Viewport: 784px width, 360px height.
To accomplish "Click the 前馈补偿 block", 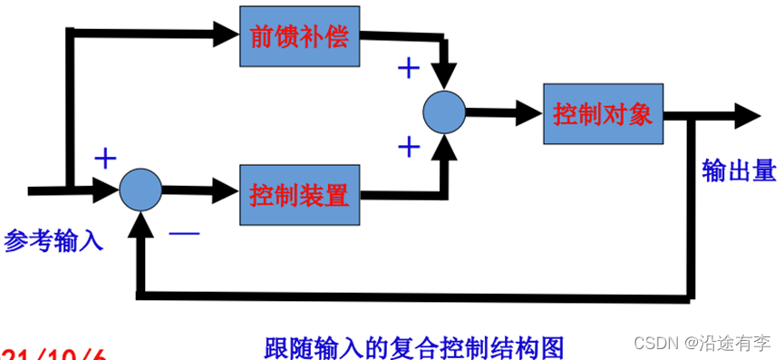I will pos(299,37).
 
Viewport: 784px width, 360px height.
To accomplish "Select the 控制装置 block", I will pos(299,194).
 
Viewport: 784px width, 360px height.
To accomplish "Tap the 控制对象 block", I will pos(603,113).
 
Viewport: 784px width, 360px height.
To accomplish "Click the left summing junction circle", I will pos(140,190).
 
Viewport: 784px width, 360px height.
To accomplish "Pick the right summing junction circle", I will pos(444,112).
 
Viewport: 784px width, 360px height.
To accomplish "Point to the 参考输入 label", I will pos(53,240).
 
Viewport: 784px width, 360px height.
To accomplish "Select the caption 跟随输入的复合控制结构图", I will pos(414,346).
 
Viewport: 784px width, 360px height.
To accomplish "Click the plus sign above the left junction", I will pos(106,159).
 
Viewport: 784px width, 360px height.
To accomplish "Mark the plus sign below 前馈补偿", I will pos(410,68).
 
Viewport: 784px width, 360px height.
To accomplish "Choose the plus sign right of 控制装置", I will pos(409,145).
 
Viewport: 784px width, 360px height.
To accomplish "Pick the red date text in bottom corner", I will pos(54,354).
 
